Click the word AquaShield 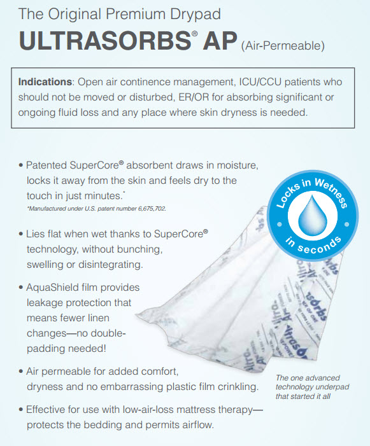55,288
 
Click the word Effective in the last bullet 48,410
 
